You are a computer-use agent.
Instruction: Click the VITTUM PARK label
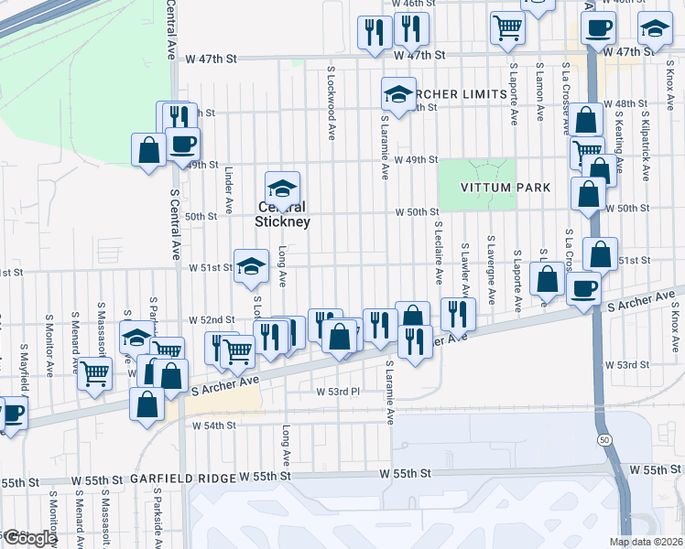506,188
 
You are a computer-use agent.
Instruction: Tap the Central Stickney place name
284,215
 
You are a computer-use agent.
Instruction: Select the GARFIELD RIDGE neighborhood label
181,479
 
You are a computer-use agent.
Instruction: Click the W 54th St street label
213,425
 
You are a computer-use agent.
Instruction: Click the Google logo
28,538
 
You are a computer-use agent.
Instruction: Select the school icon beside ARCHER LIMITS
397,92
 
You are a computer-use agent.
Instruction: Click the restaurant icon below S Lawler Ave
456,313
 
